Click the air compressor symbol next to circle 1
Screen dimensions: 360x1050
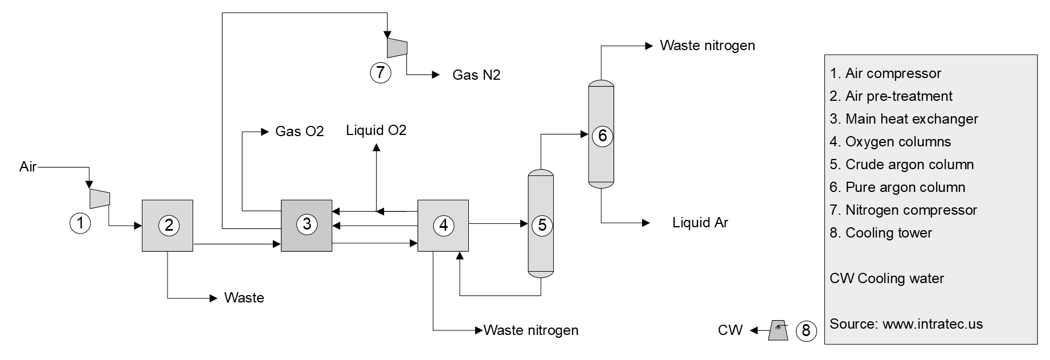point(100,198)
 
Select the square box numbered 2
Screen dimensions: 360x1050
point(167,226)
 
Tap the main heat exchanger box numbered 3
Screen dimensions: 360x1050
point(307,226)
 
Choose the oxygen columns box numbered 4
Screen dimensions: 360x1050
point(443,226)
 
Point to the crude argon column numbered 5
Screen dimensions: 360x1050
point(541,224)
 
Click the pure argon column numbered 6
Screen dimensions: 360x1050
point(601,136)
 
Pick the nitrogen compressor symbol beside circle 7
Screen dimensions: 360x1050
point(397,47)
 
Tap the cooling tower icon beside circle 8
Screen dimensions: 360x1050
point(778,330)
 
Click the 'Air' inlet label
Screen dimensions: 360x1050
point(28,167)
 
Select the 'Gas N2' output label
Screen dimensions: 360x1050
point(476,75)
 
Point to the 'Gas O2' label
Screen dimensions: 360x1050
point(299,132)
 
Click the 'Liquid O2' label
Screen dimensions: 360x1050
point(376,130)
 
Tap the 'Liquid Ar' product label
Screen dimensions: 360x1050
point(700,223)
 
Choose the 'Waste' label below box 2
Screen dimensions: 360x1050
point(244,298)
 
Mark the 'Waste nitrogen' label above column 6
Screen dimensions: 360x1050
point(707,46)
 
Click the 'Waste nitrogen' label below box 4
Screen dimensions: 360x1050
point(531,330)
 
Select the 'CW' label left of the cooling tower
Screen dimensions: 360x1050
point(730,330)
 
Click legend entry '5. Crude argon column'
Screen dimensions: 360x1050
point(901,165)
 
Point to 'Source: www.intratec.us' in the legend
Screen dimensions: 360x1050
point(906,324)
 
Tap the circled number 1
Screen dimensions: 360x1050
point(80,223)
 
